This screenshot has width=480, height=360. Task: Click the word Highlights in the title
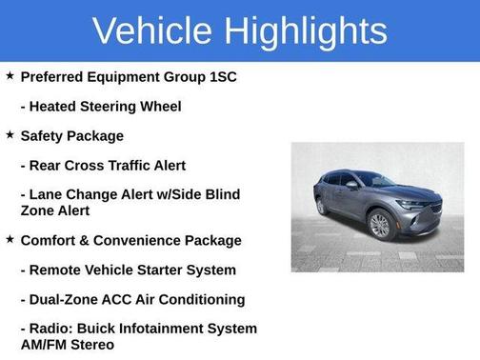pyautogui.click(x=307, y=30)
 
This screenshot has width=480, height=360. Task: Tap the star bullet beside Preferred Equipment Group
pyautogui.click(x=10, y=75)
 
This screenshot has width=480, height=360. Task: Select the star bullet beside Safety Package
pyautogui.click(x=10, y=135)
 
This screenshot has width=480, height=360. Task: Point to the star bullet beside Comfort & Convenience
pyautogui.click(x=10, y=239)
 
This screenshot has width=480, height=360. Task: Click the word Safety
pyautogui.click(x=44, y=135)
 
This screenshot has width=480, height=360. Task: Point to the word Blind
pyautogui.click(x=220, y=194)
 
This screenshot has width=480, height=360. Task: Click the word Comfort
pyautogui.click(x=51, y=240)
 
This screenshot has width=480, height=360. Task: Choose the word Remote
pyautogui.click(x=58, y=270)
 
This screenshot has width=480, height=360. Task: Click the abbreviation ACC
pyautogui.click(x=130, y=299)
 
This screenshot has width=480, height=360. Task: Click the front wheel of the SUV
pyautogui.click(x=380, y=226)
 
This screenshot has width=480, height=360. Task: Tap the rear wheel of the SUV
pyautogui.click(x=321, y=206)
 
